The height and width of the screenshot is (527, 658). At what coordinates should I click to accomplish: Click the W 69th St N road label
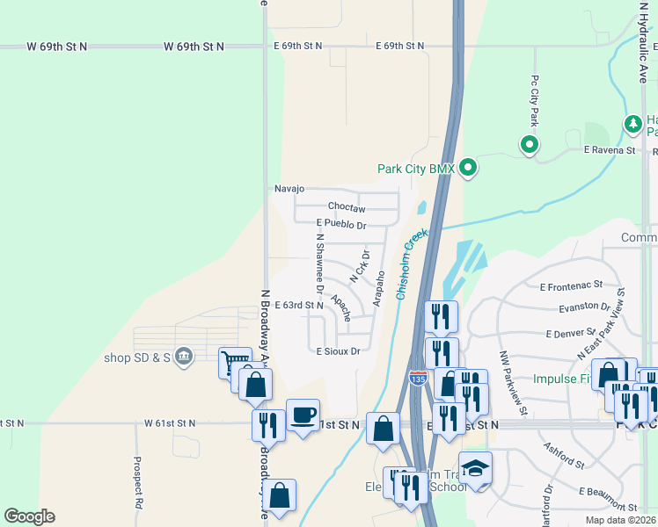tap(57, 46)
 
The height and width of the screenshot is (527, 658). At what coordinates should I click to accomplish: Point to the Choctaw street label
tap(346, 207)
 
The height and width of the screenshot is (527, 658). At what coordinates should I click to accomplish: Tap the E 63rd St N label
tap(299, 306)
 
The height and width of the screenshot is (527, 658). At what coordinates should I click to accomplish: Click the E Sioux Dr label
tap(339, 351)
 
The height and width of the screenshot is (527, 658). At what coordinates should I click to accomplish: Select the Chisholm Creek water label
tap(410, 264)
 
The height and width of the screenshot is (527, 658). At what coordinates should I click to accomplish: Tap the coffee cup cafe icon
tap(303, 415)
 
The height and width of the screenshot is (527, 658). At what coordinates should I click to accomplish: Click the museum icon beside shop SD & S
tap(184, 356)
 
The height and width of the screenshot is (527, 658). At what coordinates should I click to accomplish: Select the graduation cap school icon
tap(475, 467)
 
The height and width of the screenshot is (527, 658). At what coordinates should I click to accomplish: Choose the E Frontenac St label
tap(572, 286)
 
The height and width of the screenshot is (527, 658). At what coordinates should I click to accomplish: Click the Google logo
tap(30, 516)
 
